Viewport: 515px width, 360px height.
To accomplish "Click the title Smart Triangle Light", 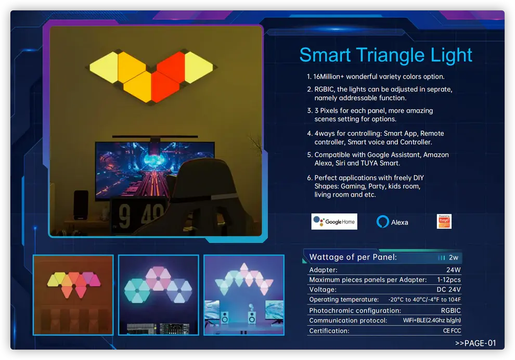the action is coord(385,55).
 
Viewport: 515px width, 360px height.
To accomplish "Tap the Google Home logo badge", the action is coord(334,222).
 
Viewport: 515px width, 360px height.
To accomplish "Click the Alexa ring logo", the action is coord(383,222).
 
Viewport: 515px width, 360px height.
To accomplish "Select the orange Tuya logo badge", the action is coord(444,222).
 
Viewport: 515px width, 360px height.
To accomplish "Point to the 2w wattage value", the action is coord(453,258).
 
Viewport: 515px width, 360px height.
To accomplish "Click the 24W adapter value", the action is coord(453,269).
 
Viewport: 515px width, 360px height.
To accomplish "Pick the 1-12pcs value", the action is coord(448,279).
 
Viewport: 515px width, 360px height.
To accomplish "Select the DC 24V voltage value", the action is coord(448,289).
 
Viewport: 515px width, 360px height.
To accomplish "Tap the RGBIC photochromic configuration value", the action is coord(450,311).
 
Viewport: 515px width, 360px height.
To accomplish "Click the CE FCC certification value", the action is coord(452,331).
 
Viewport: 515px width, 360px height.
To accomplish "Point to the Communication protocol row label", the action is coord(348,320).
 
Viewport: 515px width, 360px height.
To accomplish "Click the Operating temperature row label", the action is coord(344,300).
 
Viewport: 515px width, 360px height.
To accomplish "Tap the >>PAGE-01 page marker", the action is coord(475,343).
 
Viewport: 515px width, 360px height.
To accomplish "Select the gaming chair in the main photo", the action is coord(203,197).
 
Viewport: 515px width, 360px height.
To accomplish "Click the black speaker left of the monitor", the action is coord(81,204).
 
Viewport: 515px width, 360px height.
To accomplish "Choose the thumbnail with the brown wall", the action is coord(73,295).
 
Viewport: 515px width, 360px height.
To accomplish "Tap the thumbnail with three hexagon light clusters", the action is coord(159,295).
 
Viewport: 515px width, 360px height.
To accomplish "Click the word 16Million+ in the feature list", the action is coord(328,76).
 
